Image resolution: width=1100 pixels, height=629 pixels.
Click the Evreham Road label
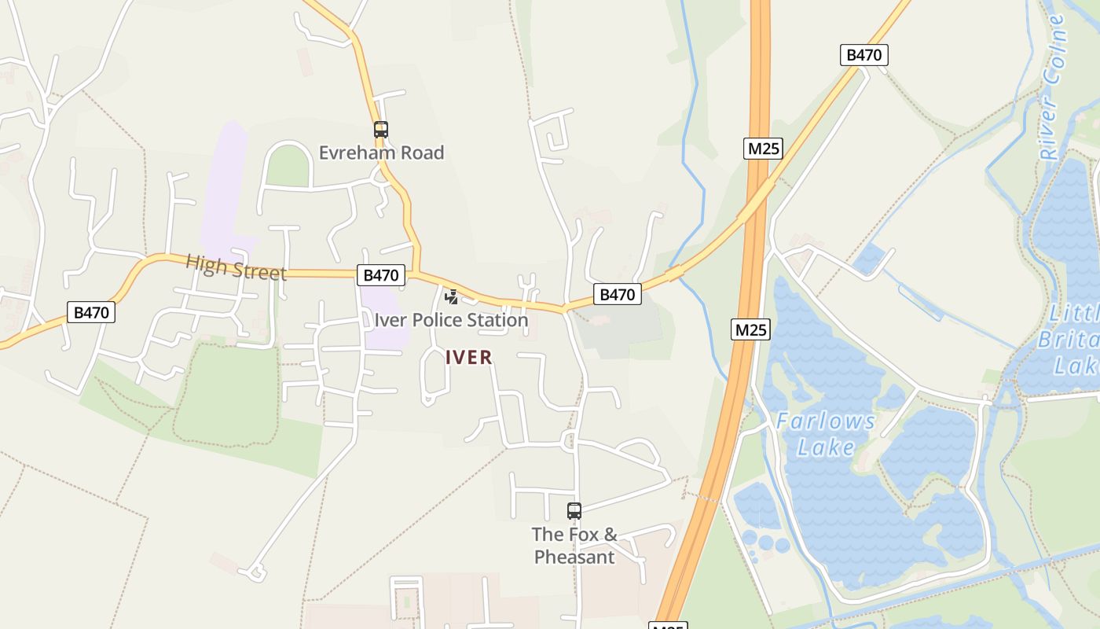(x=381, y=153)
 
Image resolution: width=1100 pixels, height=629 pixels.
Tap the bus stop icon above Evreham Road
(x=381, y=130)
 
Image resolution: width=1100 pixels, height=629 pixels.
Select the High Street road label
(x=236, y=267)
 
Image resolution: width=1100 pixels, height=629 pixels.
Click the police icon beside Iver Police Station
(x=452, y=297)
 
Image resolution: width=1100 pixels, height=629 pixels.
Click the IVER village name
(x=469, y=358)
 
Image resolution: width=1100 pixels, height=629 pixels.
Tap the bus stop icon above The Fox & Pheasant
(x=574, y=511)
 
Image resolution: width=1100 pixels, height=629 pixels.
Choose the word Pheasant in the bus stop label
(x=574, y=557)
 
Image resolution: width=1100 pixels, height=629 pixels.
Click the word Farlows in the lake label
(x=826, y=421)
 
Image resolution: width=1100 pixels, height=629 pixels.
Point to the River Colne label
(x=1053, y=86)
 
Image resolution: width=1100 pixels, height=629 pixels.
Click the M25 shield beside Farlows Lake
(x=750, y=329)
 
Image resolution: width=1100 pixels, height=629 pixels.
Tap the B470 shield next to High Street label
(x=382, y=275)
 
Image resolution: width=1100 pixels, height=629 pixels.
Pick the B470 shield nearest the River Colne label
(x=864, y=55)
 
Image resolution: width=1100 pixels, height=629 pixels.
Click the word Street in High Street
(x=261, y=271)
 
